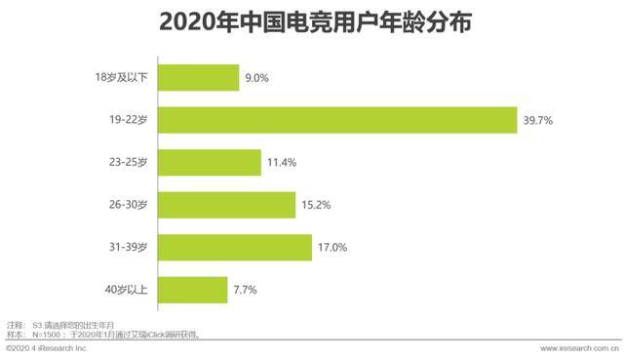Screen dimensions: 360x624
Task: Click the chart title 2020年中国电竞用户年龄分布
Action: click(312, 21)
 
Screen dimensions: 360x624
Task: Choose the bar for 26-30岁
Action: click(225, 205)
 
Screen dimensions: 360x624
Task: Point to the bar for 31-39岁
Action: click(234, 247)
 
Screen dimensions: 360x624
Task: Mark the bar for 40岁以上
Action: click(192, 290)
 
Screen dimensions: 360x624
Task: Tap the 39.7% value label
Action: click(538, 120)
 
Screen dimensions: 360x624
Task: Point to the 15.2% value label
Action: click(316, 205)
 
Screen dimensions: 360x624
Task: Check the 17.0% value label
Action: click(331, 247)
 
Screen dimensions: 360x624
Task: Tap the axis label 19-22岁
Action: click(128, 120)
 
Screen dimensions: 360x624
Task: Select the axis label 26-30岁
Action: click(128, 205)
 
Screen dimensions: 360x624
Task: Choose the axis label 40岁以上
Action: click(127, 290)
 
